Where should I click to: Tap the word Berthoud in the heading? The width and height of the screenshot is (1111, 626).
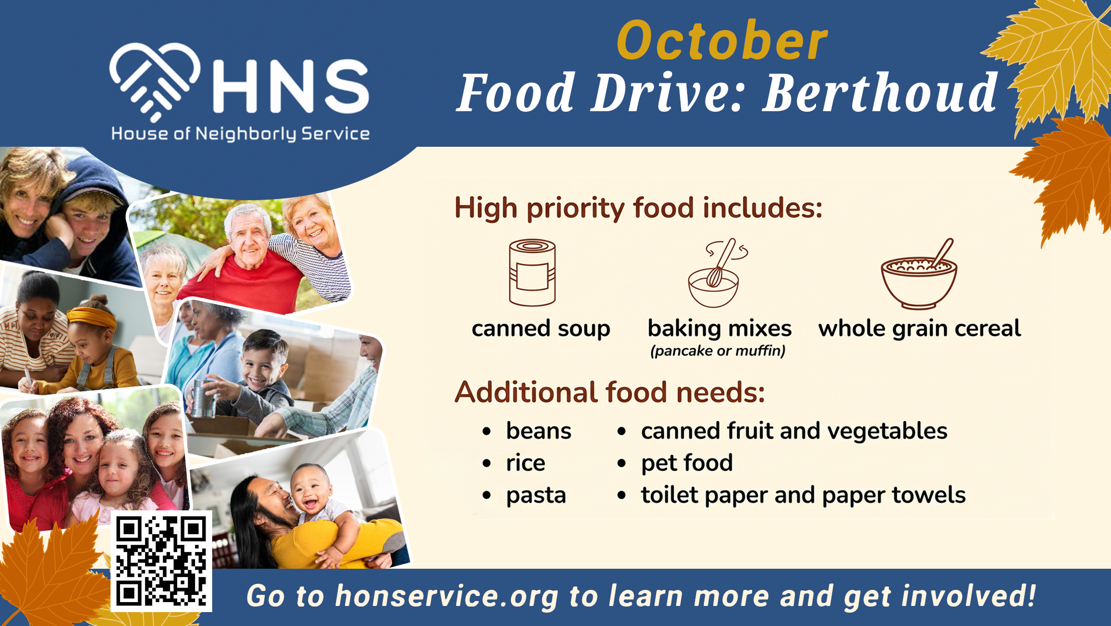pyautogui.click(x=880, y=93)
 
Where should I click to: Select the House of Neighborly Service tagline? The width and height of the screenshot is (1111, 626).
pyautogui.click(x=241, y=134)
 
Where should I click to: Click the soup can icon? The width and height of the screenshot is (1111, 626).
pyautogui.click(x=532, y=272)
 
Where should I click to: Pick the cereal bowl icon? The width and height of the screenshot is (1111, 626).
pyautogui.click(x=919, y=274)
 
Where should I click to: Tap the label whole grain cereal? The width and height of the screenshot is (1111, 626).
pyautogui.click(x=919, y=329)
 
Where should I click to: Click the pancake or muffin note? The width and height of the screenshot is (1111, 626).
pyautogui.click(x=718, y=351)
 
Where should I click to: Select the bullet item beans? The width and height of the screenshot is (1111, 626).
pyautogui.click(x=538, y=431)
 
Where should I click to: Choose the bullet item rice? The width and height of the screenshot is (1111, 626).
pyautogui.click(x=526, y=463)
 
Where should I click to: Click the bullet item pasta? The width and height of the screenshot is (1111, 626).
pyautogui.click(x=536, y=495)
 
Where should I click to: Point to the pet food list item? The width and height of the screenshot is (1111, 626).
pyautogui.click(x=687, y=463)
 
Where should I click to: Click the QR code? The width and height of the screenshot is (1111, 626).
pyautogui.click(x=161, y=561)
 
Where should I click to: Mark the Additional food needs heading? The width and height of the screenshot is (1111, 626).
pyautogui.click(x=610, y=392)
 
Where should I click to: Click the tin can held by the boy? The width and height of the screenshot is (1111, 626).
pyautogui.click(x=203, y=398)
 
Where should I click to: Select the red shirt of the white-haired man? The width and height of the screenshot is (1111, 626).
pyautogui.click(x=244, y=284)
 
